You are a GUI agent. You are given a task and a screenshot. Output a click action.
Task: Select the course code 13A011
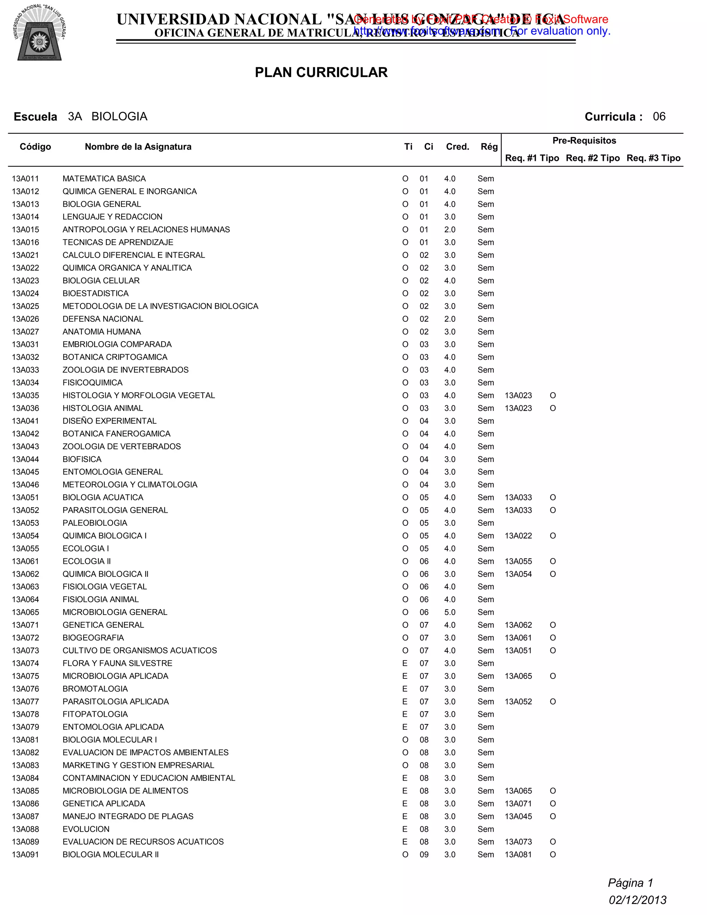25,179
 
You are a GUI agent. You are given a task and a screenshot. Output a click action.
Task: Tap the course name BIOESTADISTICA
96,294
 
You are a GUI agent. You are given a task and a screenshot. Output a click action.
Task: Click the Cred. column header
457,147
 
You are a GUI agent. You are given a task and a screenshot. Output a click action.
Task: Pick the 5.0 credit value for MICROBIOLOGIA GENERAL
449,613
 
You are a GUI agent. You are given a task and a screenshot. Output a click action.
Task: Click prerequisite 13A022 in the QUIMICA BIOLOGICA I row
518,536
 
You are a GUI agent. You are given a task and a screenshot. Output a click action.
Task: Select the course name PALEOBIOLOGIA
95,523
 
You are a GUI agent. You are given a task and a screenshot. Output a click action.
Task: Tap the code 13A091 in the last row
25,855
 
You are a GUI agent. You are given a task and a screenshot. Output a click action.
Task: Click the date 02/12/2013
637,900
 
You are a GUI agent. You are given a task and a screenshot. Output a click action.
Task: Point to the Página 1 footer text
630,883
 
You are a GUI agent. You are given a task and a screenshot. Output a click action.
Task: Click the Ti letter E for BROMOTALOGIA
405,689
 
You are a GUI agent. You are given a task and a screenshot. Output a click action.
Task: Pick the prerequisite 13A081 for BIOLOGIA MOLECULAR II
518,855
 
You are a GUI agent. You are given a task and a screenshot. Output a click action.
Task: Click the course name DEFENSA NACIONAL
103,319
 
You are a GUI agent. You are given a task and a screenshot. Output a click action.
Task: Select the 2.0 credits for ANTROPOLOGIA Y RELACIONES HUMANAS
449,230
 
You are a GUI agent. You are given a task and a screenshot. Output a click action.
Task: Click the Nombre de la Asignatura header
138,147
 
